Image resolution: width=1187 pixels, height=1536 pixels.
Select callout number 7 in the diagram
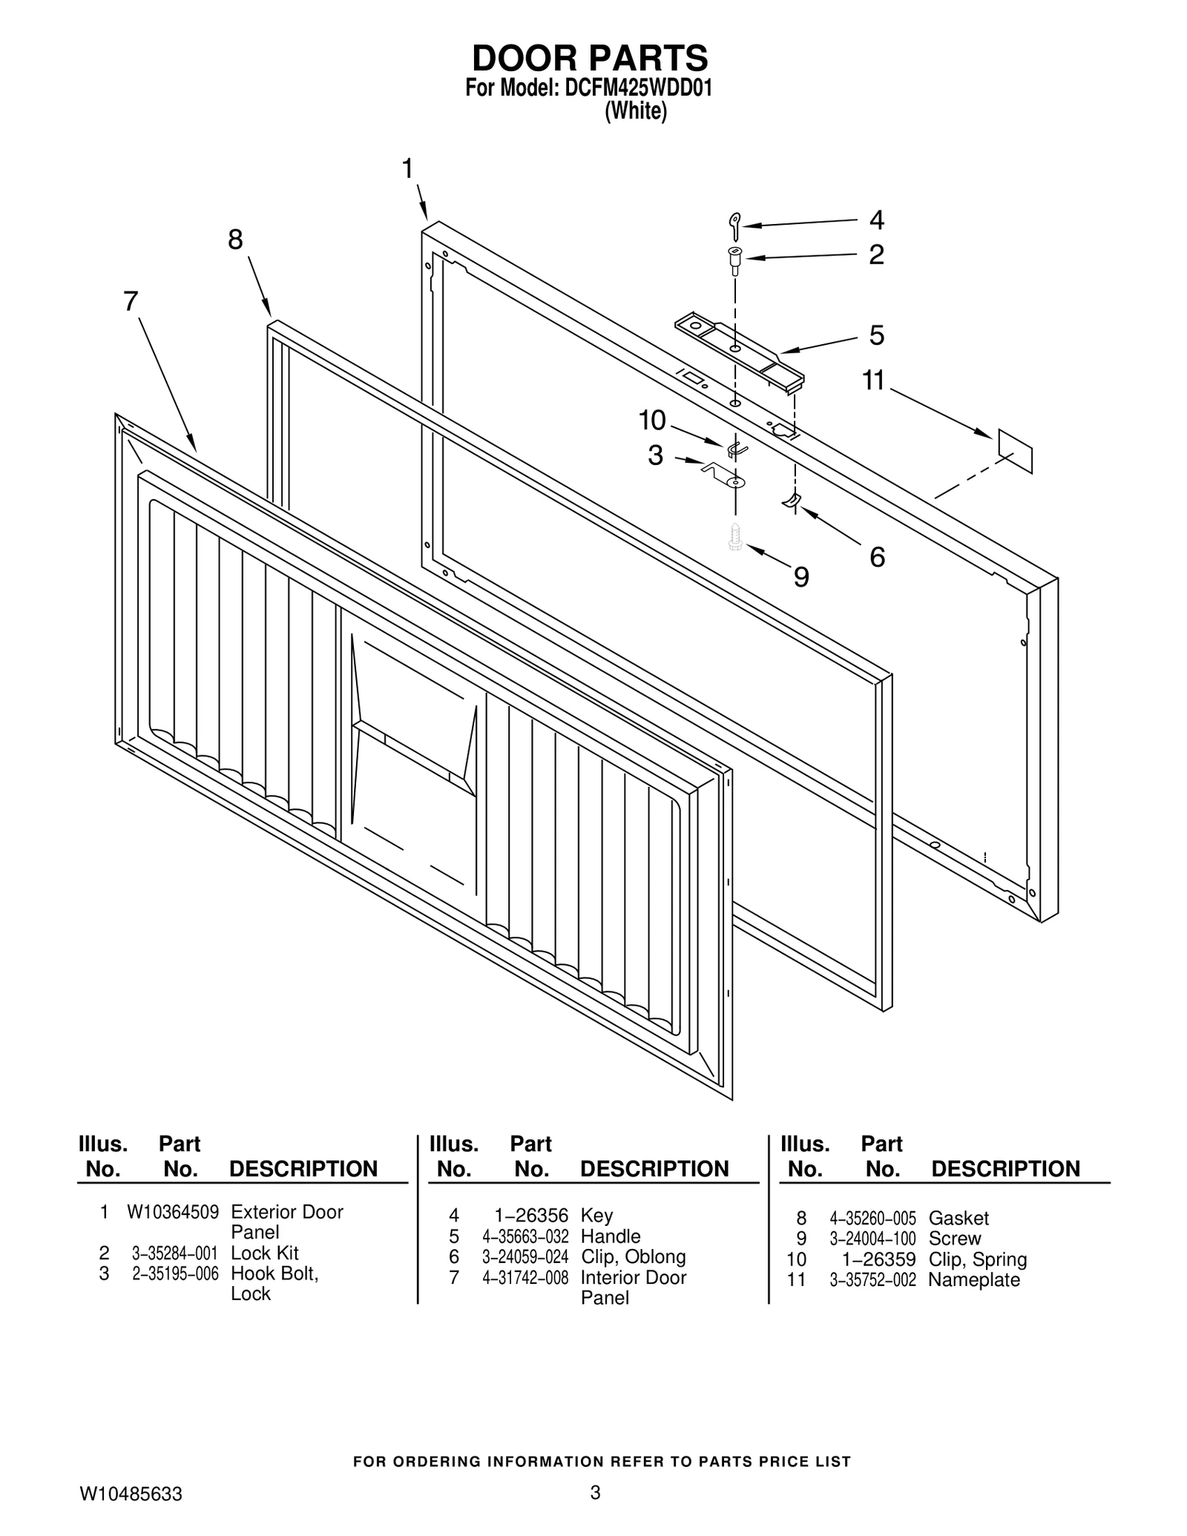click(131, 302)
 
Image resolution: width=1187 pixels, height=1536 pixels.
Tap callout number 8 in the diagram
click(235, 240)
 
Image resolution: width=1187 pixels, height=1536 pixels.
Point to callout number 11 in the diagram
click(873, 381)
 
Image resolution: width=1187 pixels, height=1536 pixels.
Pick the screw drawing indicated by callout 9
click(735, 536)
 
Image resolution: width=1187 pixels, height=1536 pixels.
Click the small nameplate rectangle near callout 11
click(1015, 449)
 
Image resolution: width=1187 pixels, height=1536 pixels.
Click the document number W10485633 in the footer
click(131, 1494)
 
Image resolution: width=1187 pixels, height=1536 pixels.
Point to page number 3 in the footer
click(594, 1492)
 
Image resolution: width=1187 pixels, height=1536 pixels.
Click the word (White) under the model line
click(636, 112)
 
